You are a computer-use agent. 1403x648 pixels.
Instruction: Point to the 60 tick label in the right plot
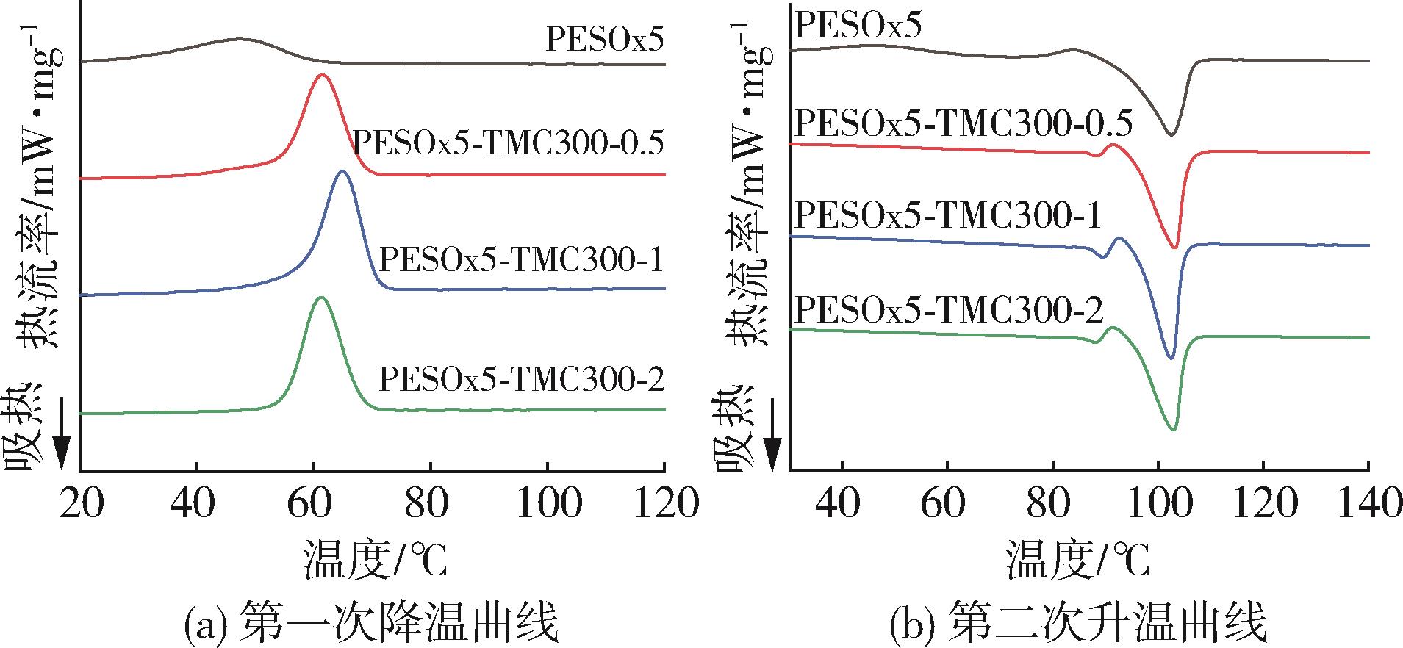click(x=947, y=504)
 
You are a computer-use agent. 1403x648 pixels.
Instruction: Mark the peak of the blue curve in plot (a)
click(x=341, y=171)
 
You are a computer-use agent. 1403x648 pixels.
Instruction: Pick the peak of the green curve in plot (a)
click(x=320, y=298)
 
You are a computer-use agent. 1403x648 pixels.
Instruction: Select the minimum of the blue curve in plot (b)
click(x=1171, y=359)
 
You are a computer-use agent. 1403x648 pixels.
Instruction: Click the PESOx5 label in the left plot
click(x=604, y=40)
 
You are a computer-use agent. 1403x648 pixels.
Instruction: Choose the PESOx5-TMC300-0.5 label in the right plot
click(x=964, y=123)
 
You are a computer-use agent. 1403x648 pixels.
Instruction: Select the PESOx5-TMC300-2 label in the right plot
click(x=950, y=311)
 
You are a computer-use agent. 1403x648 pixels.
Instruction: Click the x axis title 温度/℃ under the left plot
click(x=374, y=561)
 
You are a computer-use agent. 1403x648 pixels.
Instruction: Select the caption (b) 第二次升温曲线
click(x=1078, y=624)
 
